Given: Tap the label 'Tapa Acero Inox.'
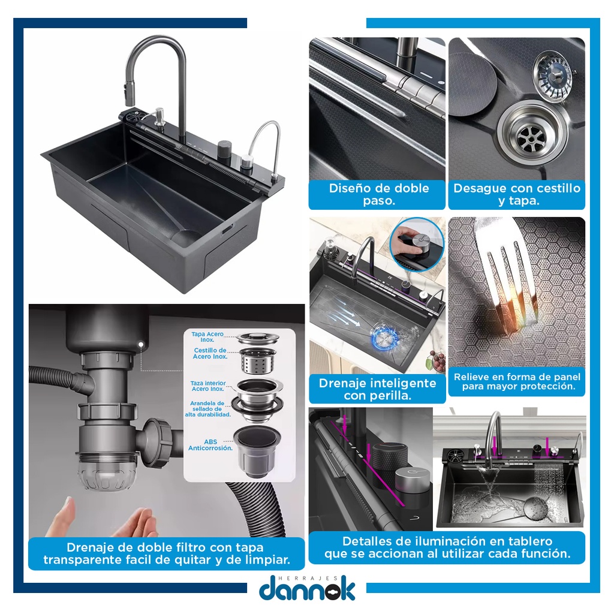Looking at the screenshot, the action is pos(207,337).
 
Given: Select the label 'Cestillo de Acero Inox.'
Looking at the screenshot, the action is pos(210,353).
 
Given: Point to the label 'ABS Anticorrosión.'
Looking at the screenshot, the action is pos(210,445).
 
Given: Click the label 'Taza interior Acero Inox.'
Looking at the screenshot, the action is pos(208,386).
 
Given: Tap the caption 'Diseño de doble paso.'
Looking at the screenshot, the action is pos(379,194).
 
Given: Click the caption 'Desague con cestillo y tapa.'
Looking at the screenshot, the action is pos(517,194).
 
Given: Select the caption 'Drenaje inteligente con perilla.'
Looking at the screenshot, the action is pos(378,389).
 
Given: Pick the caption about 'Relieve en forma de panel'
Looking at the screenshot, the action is pos(517,382).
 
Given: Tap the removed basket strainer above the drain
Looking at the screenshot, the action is pos(553,74).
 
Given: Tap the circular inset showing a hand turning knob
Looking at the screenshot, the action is pos(417,244).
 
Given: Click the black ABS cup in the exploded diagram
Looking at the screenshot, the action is pos(257,451).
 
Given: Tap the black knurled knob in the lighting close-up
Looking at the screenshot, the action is pos(389,457).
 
